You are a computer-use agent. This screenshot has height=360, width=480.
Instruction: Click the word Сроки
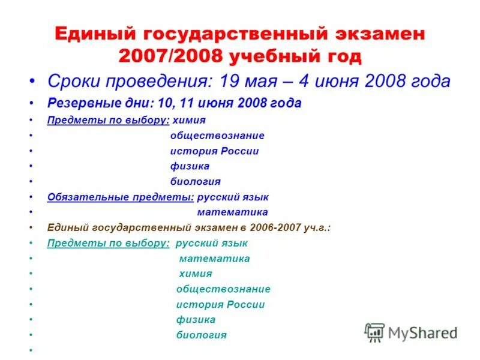point(73,82)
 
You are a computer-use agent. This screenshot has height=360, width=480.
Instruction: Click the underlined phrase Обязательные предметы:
point(121,197)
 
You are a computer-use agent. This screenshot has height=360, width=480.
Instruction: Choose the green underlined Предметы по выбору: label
point(108,243)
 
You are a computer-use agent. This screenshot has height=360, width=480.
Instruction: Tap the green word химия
point(196,274)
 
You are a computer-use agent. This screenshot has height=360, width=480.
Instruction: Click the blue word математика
point(232,212)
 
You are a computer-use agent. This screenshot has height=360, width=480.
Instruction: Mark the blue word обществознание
point(217,136)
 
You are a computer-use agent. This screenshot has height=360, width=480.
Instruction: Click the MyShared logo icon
point(375,332)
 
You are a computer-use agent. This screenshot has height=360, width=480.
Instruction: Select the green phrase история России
point(220,304)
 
